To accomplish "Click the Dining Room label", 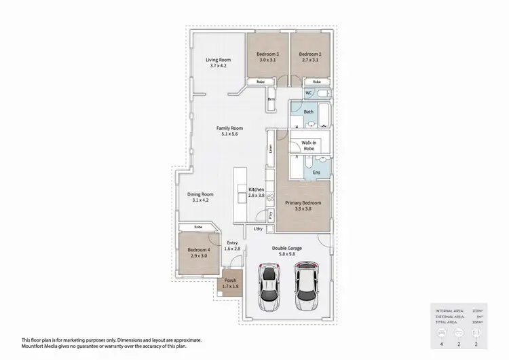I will click(x=202, y=194).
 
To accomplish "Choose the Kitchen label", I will click(x=255, y=189).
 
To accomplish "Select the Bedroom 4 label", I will click(x=199, y=251).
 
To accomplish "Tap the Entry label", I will click(x=232, y=242).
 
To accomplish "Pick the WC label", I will click(x=308, y=92).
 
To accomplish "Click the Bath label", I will click(x=307, y=111).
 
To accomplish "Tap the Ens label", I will click(x=316, y=173).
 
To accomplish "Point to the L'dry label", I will click(x=258, y=229).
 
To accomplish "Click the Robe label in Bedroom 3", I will click(x=260, y=81).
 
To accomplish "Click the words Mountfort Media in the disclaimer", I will click(x=39, y=346).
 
